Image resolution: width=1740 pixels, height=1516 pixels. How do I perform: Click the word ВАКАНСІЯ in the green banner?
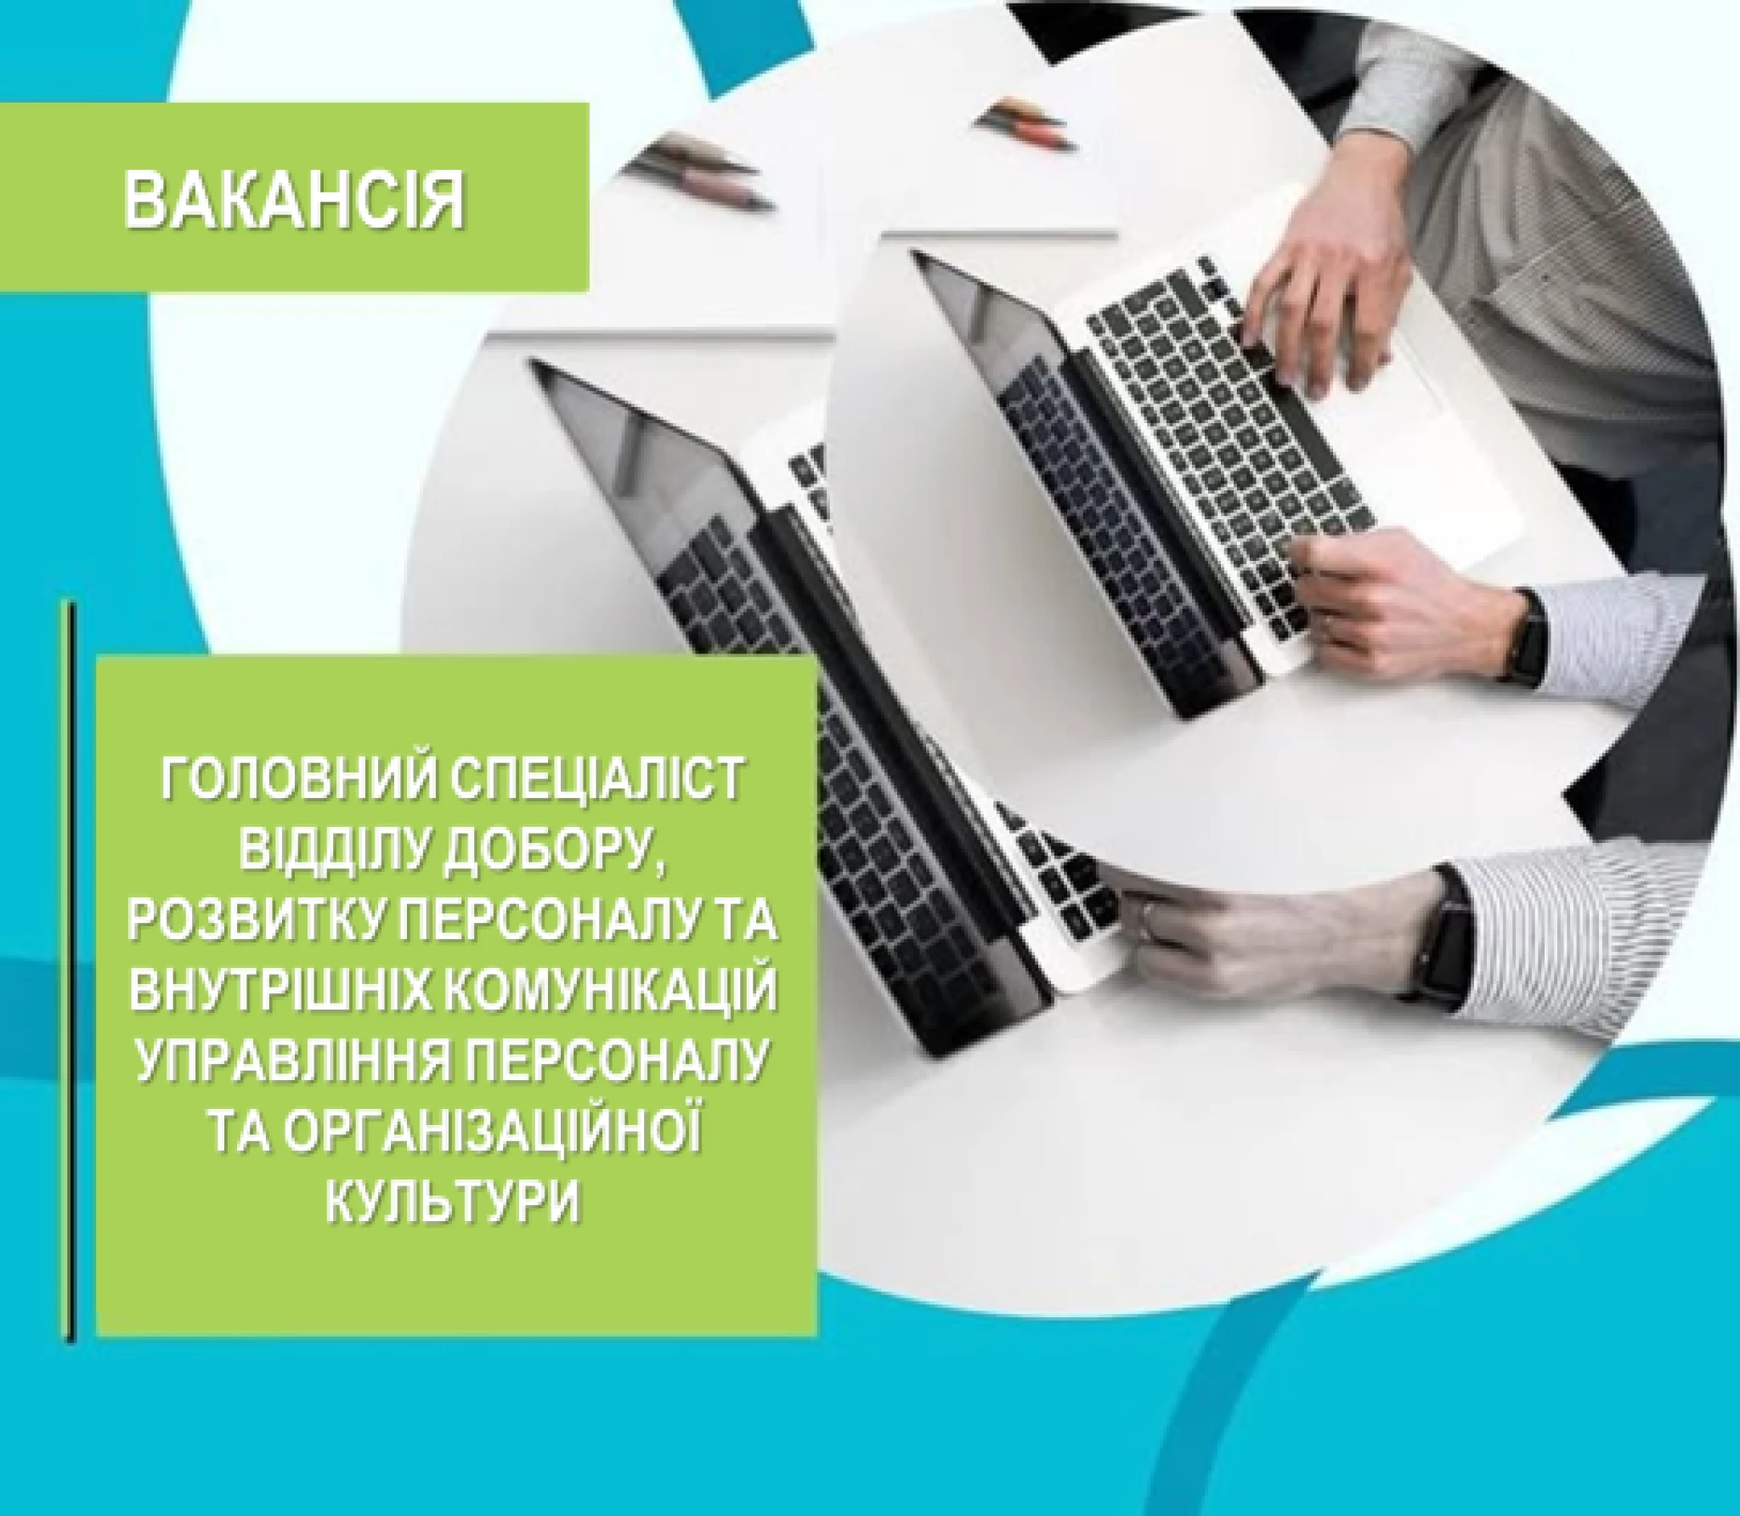tap(294, 201)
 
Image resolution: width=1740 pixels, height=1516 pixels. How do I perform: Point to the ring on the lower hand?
tap(1149, 915)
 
